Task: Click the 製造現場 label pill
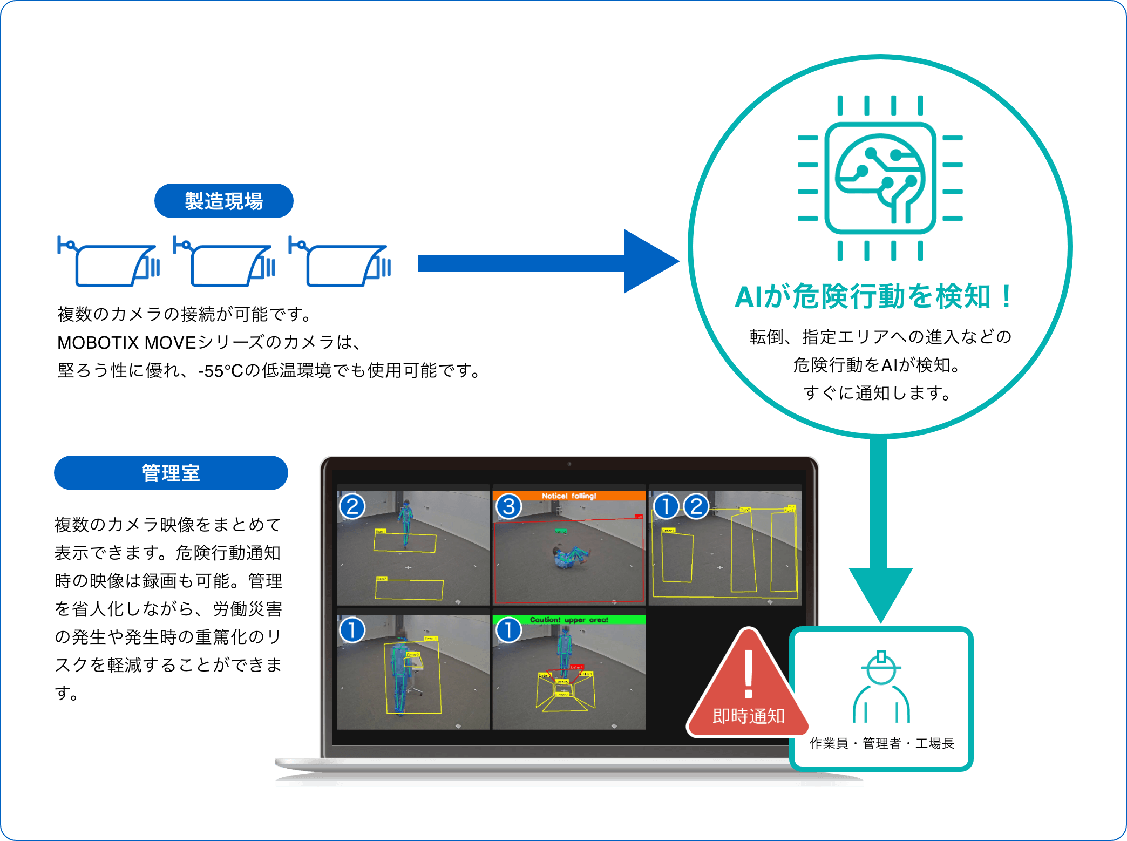coord(223,201)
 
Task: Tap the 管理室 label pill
coord(171,473)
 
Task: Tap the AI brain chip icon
coord(880,178)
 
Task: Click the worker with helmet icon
coord(881,688)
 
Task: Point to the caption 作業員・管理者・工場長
coord(881,743)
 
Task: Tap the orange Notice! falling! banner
coord(569,496)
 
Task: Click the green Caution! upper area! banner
coord(569,620)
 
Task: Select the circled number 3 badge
coord(508,506)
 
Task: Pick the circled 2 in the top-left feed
coord(352,506)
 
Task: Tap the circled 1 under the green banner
coord(508,630)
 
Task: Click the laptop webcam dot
coord(569,464)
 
